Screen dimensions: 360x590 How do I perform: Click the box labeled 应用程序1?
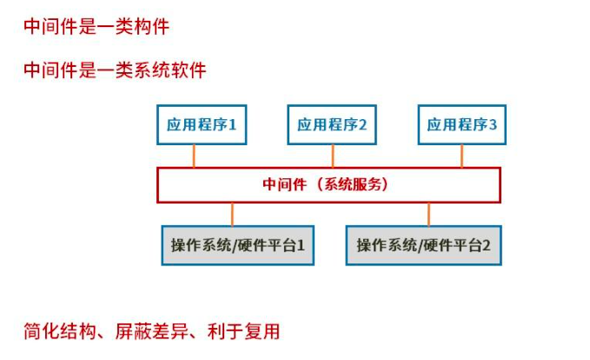click(x=202, y=124)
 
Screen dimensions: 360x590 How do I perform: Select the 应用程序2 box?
click(x=332, y=124)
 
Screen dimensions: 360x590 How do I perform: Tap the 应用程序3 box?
click(x=461, y=124)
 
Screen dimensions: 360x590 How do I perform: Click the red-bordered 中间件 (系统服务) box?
click(x=328, y=184)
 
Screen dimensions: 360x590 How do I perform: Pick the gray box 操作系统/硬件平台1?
click(x=237, y=245)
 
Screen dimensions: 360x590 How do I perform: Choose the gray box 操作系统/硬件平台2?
click(x=423, y=245)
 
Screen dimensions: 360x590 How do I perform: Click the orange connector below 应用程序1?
click(x=195, y=155)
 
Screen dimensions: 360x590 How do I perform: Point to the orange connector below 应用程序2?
click(x=333, y=155)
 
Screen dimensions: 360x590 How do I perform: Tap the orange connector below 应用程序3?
click(x=461, y=155)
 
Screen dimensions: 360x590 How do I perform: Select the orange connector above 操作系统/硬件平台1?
click(x=233, y=214)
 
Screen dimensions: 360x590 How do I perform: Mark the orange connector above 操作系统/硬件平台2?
click(x=428, y=214)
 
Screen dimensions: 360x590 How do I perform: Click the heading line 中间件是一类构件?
click(x=96, y=27)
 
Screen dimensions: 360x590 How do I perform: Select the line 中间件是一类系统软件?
click(x=115, y=70)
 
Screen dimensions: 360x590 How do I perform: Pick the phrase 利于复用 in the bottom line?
click(x=243, y=331)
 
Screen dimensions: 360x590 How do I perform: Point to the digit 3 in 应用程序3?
click(x=493, y=124)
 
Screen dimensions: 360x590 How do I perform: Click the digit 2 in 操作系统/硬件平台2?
click(x=487, y=245)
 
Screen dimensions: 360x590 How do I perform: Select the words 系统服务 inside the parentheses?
click(x=353, y=184)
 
